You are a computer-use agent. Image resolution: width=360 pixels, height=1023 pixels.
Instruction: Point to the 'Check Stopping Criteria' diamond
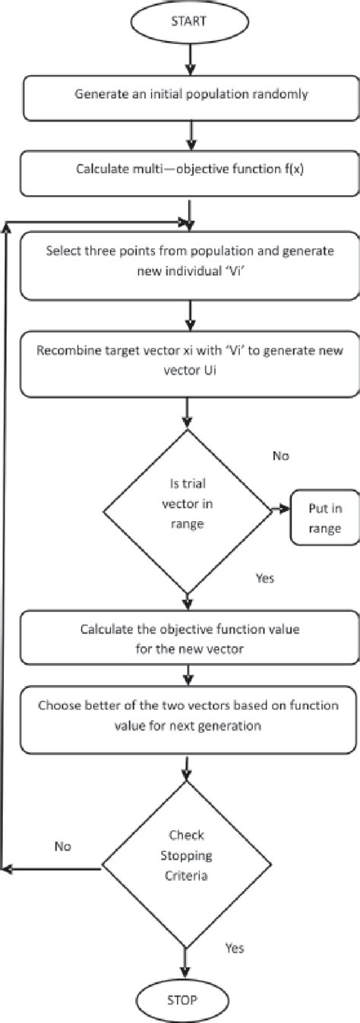tap(185, 866)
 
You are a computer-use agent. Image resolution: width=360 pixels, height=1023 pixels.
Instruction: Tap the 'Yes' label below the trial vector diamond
tap(264, 578)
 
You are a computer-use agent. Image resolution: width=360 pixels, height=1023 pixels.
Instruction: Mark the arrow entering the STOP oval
tap(185, 958)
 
